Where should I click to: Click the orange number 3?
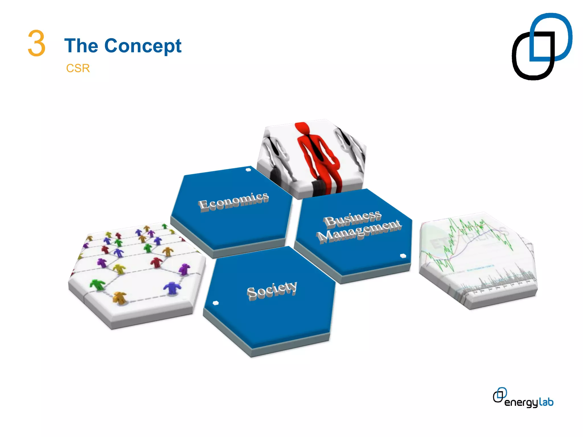(36, 43)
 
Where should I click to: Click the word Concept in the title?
(143, 46)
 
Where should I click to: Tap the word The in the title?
(81, 46)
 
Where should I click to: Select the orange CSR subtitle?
(78, 68)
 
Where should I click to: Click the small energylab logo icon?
(500, 395)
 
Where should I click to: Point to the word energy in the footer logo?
(521, 403)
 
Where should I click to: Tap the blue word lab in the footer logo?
(546, 402)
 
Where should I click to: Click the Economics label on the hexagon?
(233, 201)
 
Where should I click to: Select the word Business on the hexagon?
(352, 218)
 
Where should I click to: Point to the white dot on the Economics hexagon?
(248, 170)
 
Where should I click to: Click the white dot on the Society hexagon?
(216, 303)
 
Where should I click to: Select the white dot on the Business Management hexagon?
(403, 256)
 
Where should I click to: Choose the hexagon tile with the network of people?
(137, 273)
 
